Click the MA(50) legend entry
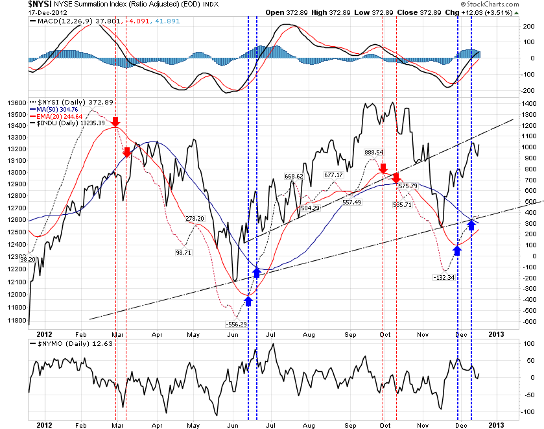click(60, 110)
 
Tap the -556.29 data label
click(235, 323)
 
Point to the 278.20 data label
click(195, 219)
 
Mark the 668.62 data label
click(294, 176)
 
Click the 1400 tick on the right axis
click(530, 103)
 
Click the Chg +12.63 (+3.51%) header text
click(499, 12)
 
